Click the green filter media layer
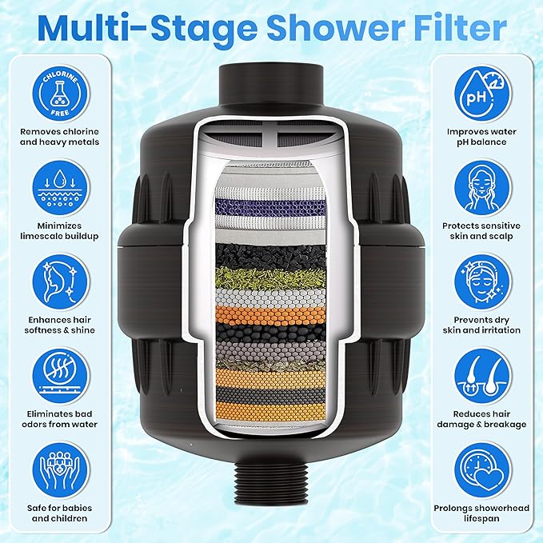[272, 277]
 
